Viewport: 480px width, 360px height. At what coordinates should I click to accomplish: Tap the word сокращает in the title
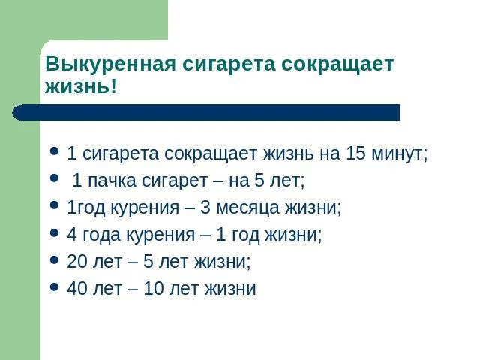337,64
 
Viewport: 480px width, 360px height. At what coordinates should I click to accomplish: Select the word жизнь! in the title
81,86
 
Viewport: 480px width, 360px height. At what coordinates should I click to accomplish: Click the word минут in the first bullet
400,154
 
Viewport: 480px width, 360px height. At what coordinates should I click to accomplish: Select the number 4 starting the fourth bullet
72,235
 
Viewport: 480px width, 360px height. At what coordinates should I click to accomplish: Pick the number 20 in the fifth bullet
77,262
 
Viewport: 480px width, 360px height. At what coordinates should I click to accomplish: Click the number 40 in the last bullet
77,289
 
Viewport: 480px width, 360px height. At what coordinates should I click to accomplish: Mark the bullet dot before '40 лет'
54,287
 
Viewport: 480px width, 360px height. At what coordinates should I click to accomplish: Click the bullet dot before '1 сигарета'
54,152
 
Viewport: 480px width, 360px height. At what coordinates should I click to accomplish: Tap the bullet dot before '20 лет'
54,260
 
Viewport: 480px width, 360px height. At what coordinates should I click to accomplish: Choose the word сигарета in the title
231,64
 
